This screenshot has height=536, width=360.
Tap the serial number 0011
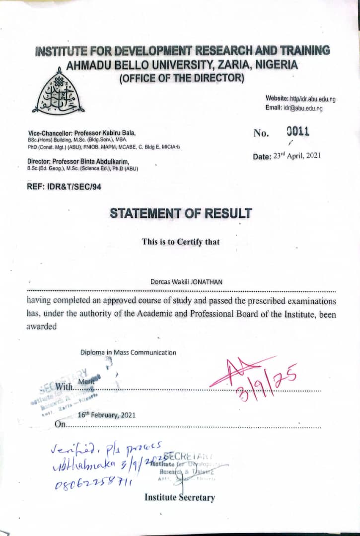(298, 132)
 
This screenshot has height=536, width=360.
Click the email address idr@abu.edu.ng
(303, 108)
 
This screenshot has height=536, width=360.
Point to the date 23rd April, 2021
(296, 155)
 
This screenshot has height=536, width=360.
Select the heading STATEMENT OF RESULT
(181, 214)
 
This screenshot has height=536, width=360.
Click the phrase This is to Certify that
(180, 242)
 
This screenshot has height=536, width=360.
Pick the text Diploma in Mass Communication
(128, 352)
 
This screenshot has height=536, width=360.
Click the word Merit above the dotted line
(86, 381)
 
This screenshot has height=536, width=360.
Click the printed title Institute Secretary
(180, 497)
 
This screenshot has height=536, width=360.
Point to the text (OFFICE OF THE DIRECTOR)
(181, 78)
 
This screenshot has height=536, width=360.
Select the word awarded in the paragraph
(42, 326)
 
